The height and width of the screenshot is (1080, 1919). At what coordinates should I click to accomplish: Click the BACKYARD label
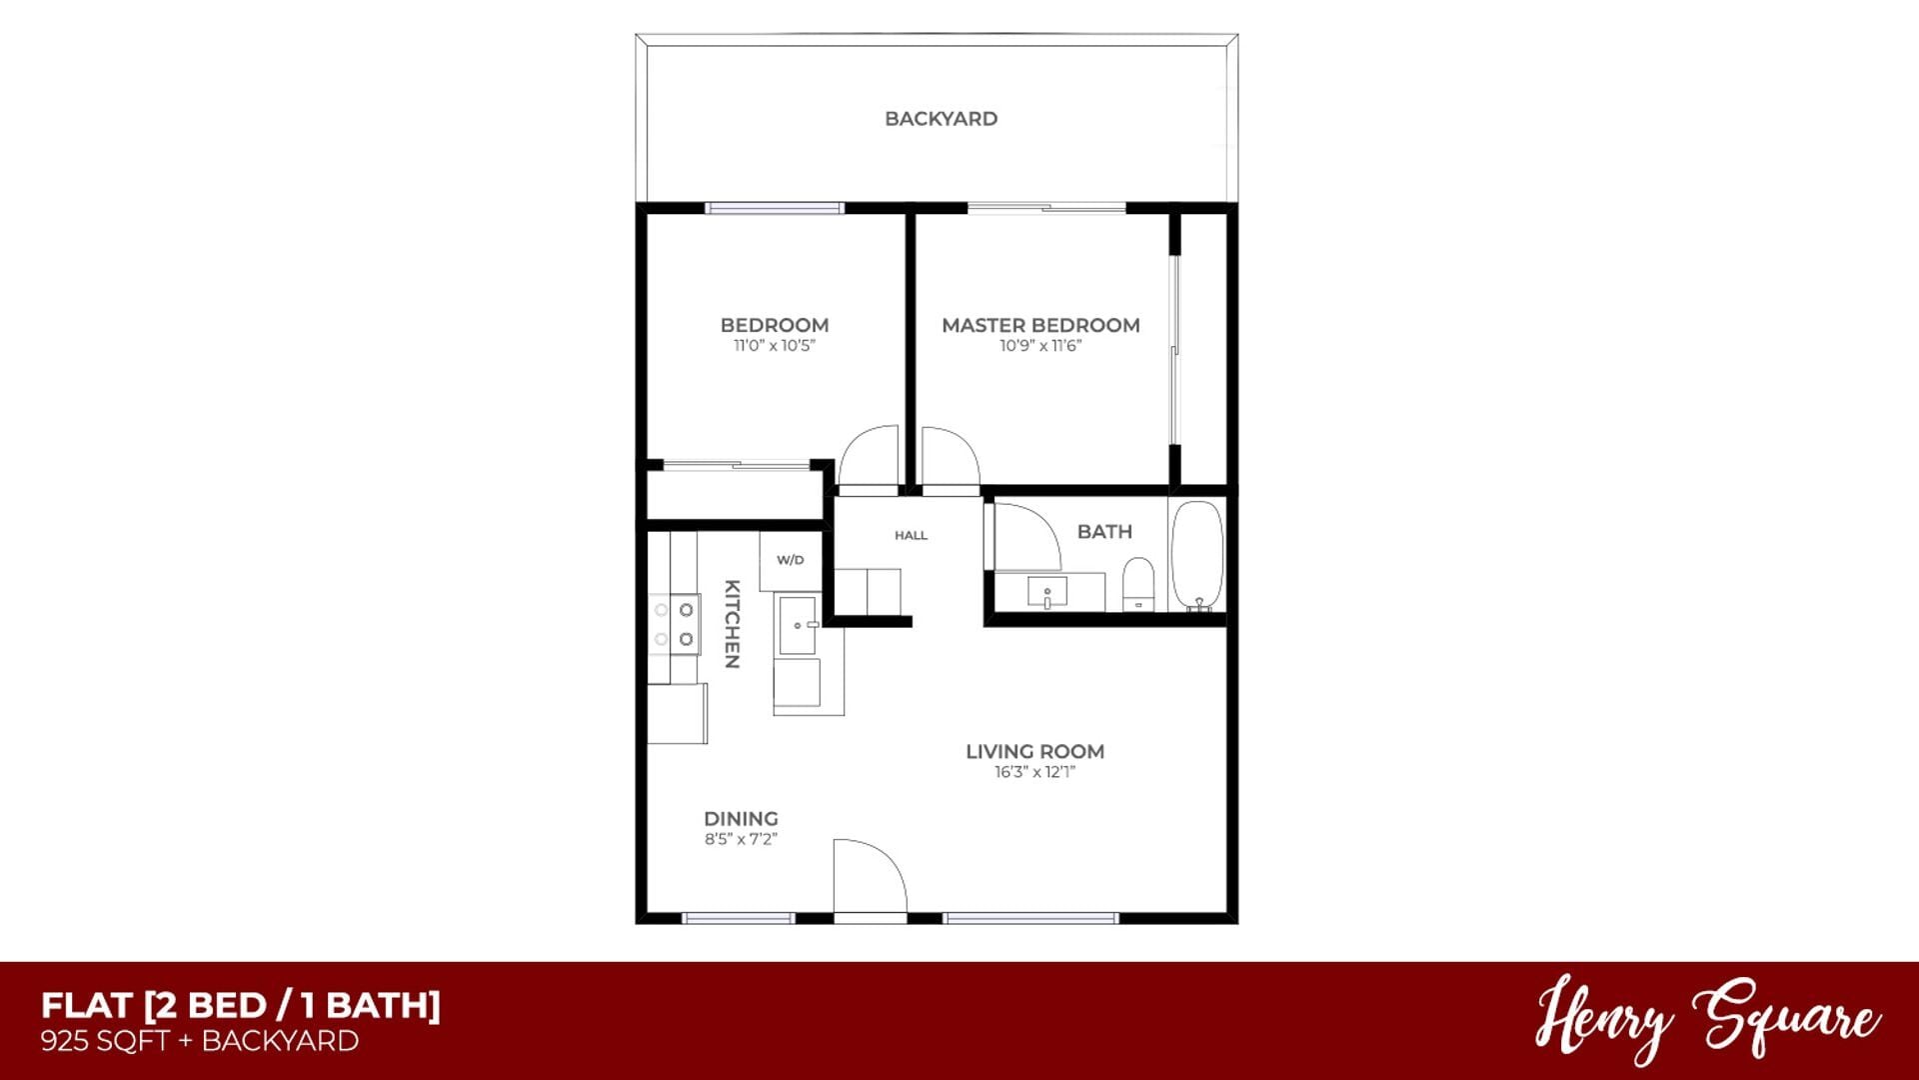point(941,119)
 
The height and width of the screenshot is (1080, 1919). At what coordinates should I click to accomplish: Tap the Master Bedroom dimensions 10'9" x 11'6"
point(1040,346)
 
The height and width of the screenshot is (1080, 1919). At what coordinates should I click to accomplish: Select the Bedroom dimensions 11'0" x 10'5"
point(775,346)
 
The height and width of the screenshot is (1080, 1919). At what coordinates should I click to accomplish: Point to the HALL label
point(911,536)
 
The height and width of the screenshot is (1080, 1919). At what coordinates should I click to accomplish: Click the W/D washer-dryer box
point(790,560)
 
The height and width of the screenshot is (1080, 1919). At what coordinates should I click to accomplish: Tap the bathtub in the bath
point(1196,556)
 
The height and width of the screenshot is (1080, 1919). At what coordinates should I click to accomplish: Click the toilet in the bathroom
point(1138,584)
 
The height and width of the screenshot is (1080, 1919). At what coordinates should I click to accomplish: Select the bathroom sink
point(1046,592)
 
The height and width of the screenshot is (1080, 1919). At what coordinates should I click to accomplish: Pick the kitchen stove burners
point(674,624)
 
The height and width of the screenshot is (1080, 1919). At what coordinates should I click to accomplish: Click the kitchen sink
point(798,625)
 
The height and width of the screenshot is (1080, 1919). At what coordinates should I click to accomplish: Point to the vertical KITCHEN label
point(732,624)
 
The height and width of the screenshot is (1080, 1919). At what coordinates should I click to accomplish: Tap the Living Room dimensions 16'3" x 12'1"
point(1034,772)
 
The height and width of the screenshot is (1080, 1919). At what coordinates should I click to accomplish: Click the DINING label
point(741,818)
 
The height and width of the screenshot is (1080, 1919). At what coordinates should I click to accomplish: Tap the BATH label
point(1104,532)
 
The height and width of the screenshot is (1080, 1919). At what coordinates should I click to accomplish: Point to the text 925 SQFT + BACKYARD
point(199,1042)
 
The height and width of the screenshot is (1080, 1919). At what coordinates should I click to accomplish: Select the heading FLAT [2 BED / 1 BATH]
point(240,1005)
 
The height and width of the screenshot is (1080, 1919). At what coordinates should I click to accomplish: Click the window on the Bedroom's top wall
point(775,208)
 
